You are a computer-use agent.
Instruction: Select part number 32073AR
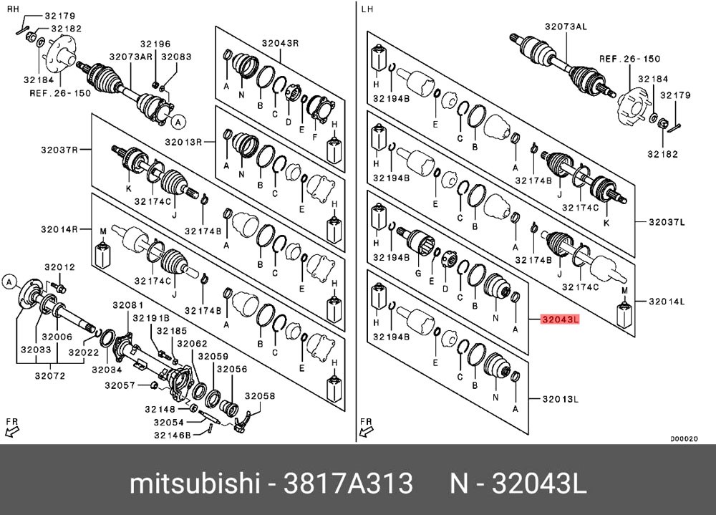coord(130,57)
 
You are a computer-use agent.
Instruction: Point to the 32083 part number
coord(176,57)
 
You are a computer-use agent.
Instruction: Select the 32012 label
coord(59,267)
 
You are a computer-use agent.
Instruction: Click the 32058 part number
coord(259,395)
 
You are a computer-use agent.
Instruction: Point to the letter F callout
coord(316,134)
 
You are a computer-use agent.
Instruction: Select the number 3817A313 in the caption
coord(349,484)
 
